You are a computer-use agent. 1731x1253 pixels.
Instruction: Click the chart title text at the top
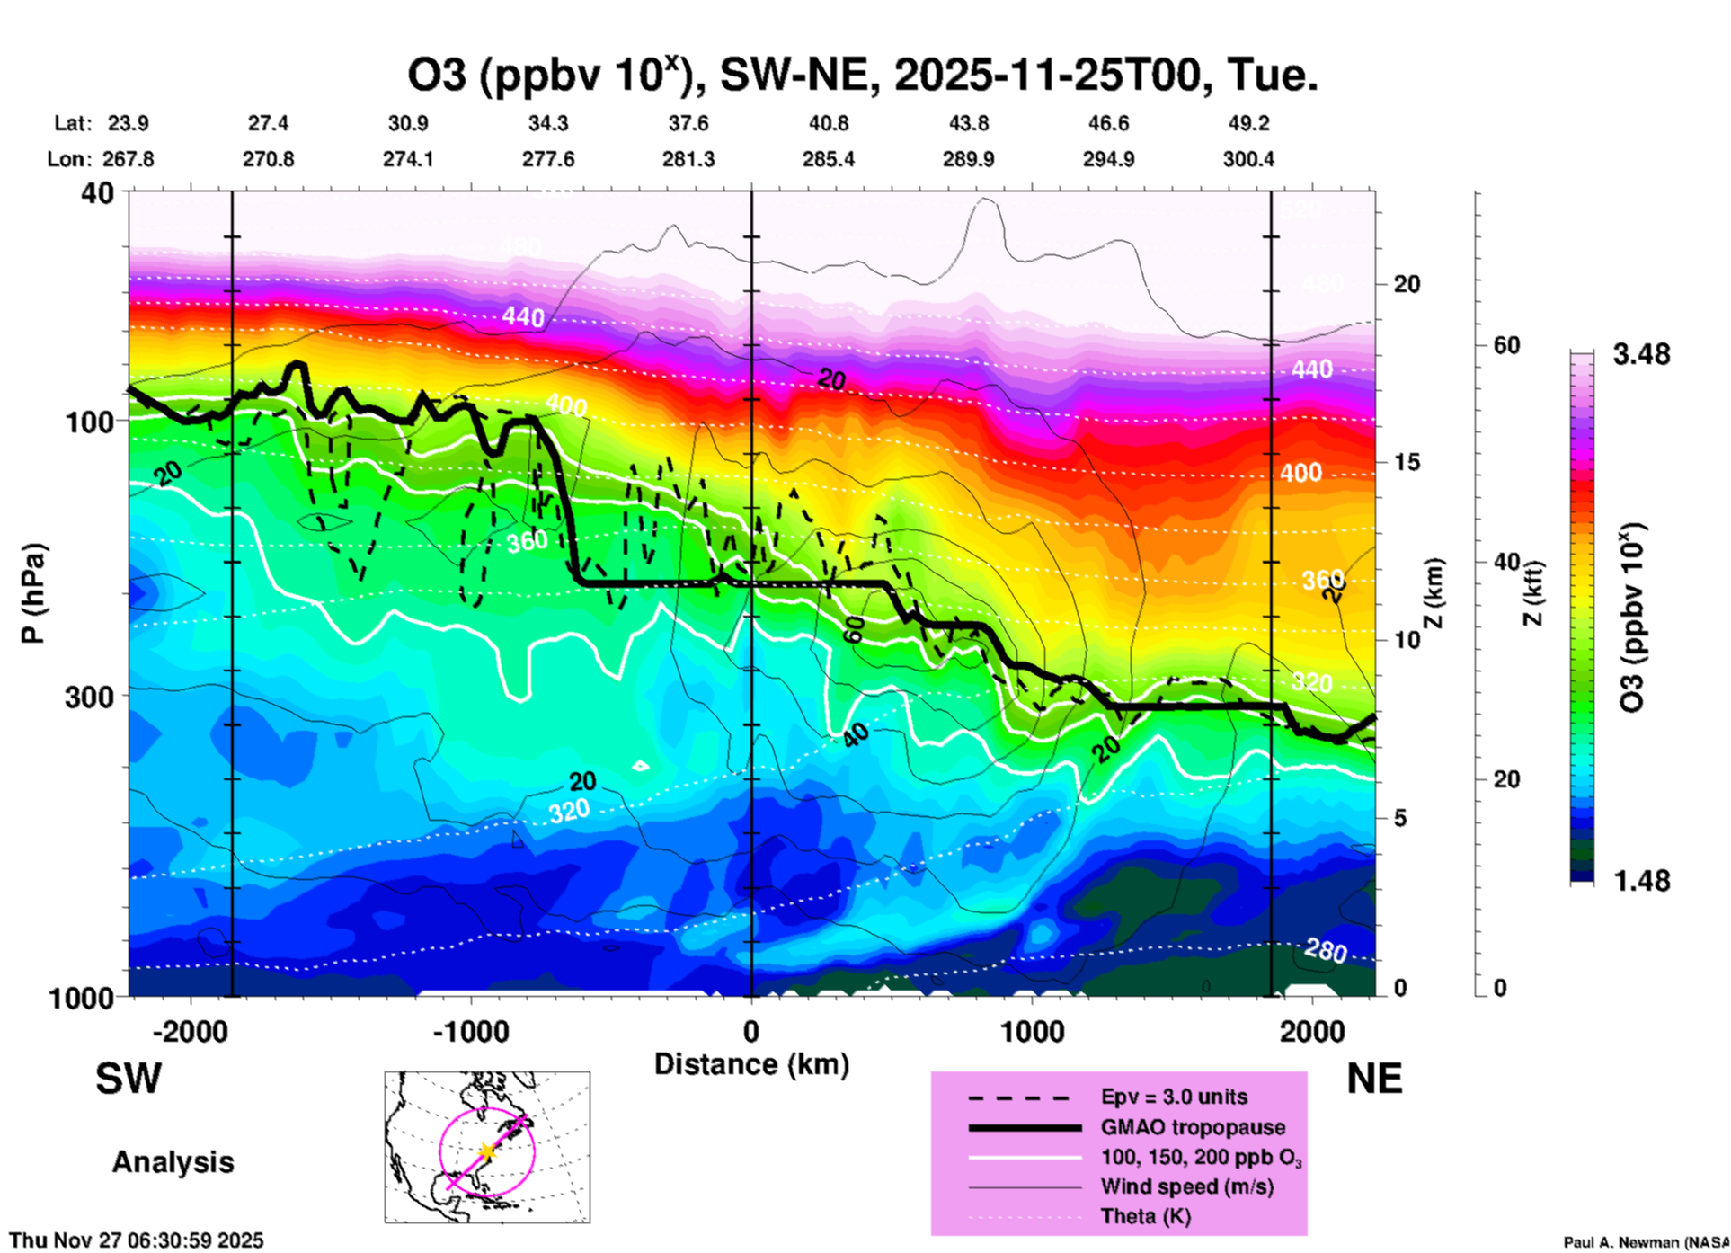click(863, 75)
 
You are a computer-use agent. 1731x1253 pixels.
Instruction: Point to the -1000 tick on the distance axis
click(471, 1032)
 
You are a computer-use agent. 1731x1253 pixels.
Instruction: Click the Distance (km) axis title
click(751, 1064)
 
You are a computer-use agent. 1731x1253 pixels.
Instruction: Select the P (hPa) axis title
click(33, 593)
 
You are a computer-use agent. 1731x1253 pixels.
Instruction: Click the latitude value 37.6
click(688, 124)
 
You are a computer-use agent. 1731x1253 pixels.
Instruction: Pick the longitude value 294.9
click(1108, 160)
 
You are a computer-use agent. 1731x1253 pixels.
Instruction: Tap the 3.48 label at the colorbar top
click(1641, 355)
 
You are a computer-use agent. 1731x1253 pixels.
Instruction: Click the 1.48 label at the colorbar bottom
click(1641, 881)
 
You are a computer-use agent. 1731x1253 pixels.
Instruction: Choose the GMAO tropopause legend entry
click(1193, 1127)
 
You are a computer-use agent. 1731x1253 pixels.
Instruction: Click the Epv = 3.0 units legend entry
click(1174, 1097)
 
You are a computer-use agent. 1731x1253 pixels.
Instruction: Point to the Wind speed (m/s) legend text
click(1186, 1187)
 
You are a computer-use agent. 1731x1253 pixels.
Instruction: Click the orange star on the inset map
click(486, 1151)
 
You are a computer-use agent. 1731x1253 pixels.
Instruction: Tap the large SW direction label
click(129, 1079)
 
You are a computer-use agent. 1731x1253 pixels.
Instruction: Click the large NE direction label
click(1374, 1079)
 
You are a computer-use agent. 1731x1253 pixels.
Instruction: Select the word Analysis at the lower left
click(173, 1162)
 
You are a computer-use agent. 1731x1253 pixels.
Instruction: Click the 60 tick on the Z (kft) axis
click(1506, 345)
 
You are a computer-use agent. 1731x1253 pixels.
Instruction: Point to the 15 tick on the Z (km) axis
click(1407, 462)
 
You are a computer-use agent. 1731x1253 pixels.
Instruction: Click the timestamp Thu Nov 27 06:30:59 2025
click(137, 1240)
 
